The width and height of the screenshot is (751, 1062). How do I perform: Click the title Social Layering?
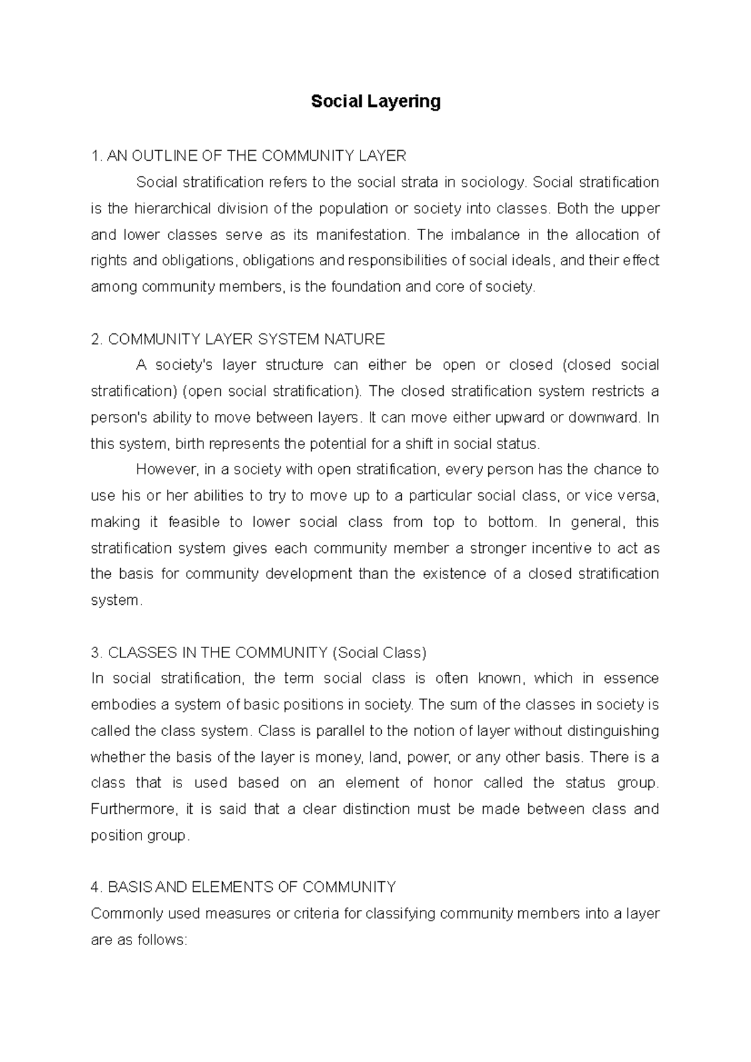375,101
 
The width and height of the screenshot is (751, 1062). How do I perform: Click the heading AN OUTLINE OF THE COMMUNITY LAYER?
248,156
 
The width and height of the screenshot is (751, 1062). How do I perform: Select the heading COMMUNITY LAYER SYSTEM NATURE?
238,340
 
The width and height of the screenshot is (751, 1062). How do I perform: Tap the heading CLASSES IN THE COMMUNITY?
218,653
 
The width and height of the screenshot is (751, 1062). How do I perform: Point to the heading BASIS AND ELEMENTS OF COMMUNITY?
243,888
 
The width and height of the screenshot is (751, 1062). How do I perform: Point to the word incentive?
561,549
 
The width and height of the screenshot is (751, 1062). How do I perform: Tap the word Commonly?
125,914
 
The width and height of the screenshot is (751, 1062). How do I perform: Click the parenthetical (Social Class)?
379,653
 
